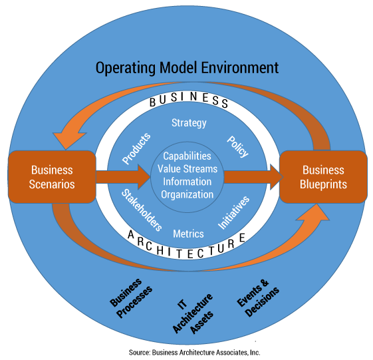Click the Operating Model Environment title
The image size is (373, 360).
tap(187, 68)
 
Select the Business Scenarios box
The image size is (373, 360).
tap(51, 177)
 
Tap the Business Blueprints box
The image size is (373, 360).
tap(322, 177)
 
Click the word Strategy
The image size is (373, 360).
tap(189, 122)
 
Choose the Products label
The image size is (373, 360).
tap(137, 148)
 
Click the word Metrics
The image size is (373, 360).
tap(188, 234)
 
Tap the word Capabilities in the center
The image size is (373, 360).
tap(187, 155)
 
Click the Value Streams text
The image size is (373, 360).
tap(187, 168)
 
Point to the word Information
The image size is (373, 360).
tap(187, 181)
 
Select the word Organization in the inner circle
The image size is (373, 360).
tap(187, 194)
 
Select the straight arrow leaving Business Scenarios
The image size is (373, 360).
tap(123, 177)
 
